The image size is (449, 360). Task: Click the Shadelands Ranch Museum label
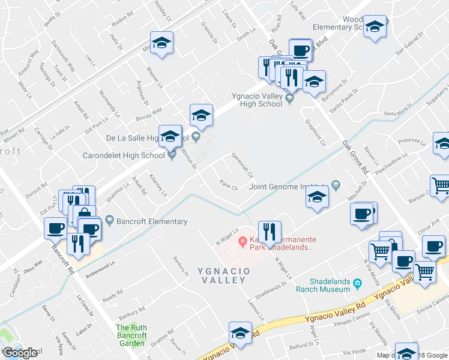point(322,285)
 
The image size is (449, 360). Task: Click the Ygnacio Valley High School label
point(257,100)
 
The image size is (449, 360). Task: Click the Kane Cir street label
point(229,185)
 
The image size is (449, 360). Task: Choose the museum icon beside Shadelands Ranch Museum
point(357,283)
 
